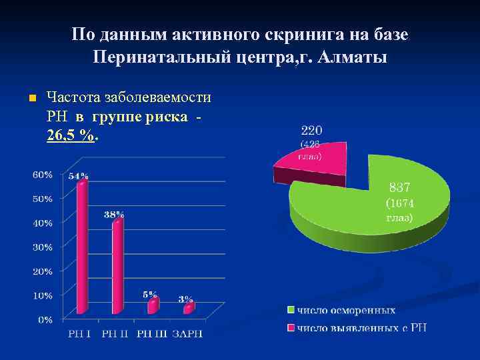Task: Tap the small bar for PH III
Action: pyautogui.click(x=153, y=306)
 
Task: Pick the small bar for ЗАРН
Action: pyautogui.click(x=188, y=308)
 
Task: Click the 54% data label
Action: pyautogui.click(x=78, y=176)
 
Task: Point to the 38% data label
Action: pyautogui.click(x=114, y=215)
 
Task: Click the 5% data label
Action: pyautogui.click(x=150, y=294)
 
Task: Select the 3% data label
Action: pyautogui.click(x=185, y=299)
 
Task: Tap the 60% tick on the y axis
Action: pyautogui.click(x=44, y=175)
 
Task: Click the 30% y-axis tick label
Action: pyautogui.click(x=44, y=247)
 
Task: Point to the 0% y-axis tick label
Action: pyautogui.click(x=46, y=320)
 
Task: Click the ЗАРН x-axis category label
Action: pyautogui.click(x=188, y=333)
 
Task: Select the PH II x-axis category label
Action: pyautogui.click(x=117, y=333)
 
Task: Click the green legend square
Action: pyautogui.click(x=291, y=310)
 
